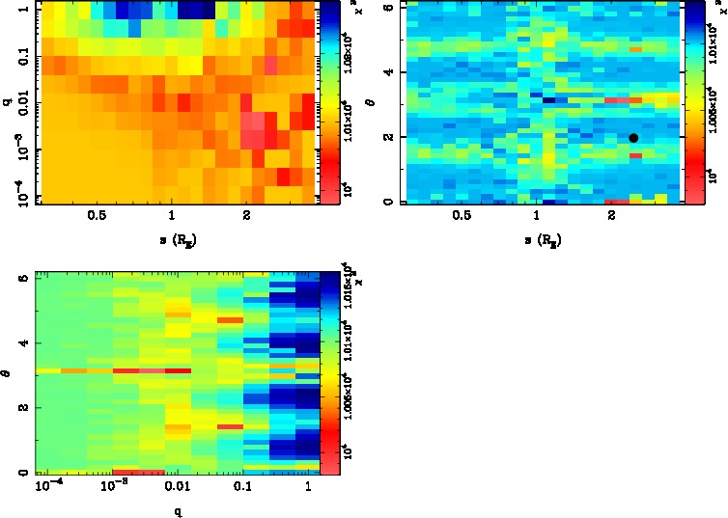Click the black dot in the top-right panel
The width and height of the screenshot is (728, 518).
pos(633,138)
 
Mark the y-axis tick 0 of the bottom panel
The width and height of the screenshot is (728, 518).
pos(21,473)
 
